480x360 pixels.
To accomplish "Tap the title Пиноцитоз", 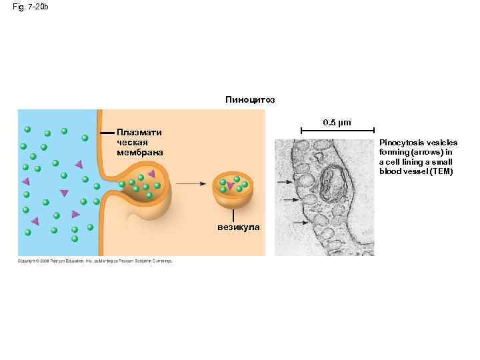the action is tap(250, 100).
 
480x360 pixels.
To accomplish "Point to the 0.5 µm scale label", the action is tap(337, 123).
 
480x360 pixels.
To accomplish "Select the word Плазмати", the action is tap(139, 132).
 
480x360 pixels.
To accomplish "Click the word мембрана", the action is tap(139, 153).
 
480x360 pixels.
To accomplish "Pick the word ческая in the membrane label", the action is tap(132, 142).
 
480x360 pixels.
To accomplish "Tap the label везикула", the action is tap(239, 227).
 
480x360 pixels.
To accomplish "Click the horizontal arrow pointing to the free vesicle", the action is tap(191, 183).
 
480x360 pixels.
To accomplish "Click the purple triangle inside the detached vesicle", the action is tap(230, 186).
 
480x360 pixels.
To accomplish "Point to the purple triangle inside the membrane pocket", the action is tap(151, 175).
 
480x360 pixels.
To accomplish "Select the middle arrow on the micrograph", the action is tap(289, 200).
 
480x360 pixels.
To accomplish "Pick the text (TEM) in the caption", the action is tap(442, 171).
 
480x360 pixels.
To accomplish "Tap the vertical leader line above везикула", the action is tap(234, 215).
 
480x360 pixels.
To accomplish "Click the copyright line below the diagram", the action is tap(95, 261).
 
